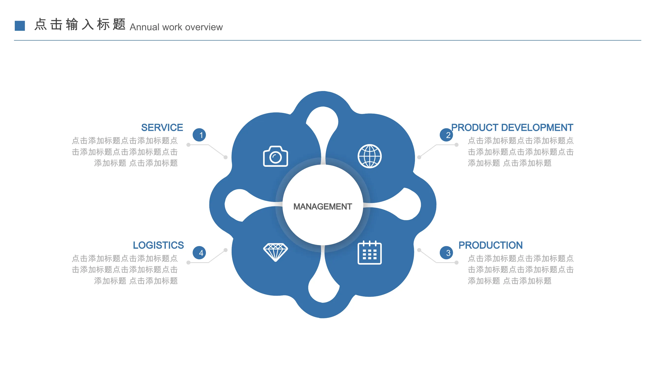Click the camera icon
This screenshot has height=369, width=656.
(275, 156)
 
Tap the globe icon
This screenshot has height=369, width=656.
(369, 156)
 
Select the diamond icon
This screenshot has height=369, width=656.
(275, 252)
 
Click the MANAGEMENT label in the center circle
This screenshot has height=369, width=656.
(323, 207)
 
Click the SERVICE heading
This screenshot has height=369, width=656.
(162, 128)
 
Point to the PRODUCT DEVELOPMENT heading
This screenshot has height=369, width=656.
(512, 128)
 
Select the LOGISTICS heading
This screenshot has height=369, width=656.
(158, 245)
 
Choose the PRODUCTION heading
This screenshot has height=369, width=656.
(490, 245)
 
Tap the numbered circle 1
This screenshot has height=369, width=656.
(199, 135)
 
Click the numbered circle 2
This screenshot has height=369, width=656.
(446, 135)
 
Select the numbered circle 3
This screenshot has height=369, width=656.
(446, 253)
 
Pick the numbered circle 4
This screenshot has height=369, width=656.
(199, 253)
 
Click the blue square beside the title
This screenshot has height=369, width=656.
(20, 26)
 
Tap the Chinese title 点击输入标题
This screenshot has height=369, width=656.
(80, 24)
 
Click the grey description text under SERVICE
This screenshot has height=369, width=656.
(125, 152)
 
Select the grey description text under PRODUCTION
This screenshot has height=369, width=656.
(520, 270)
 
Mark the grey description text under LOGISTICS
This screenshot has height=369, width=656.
(125, 270)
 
